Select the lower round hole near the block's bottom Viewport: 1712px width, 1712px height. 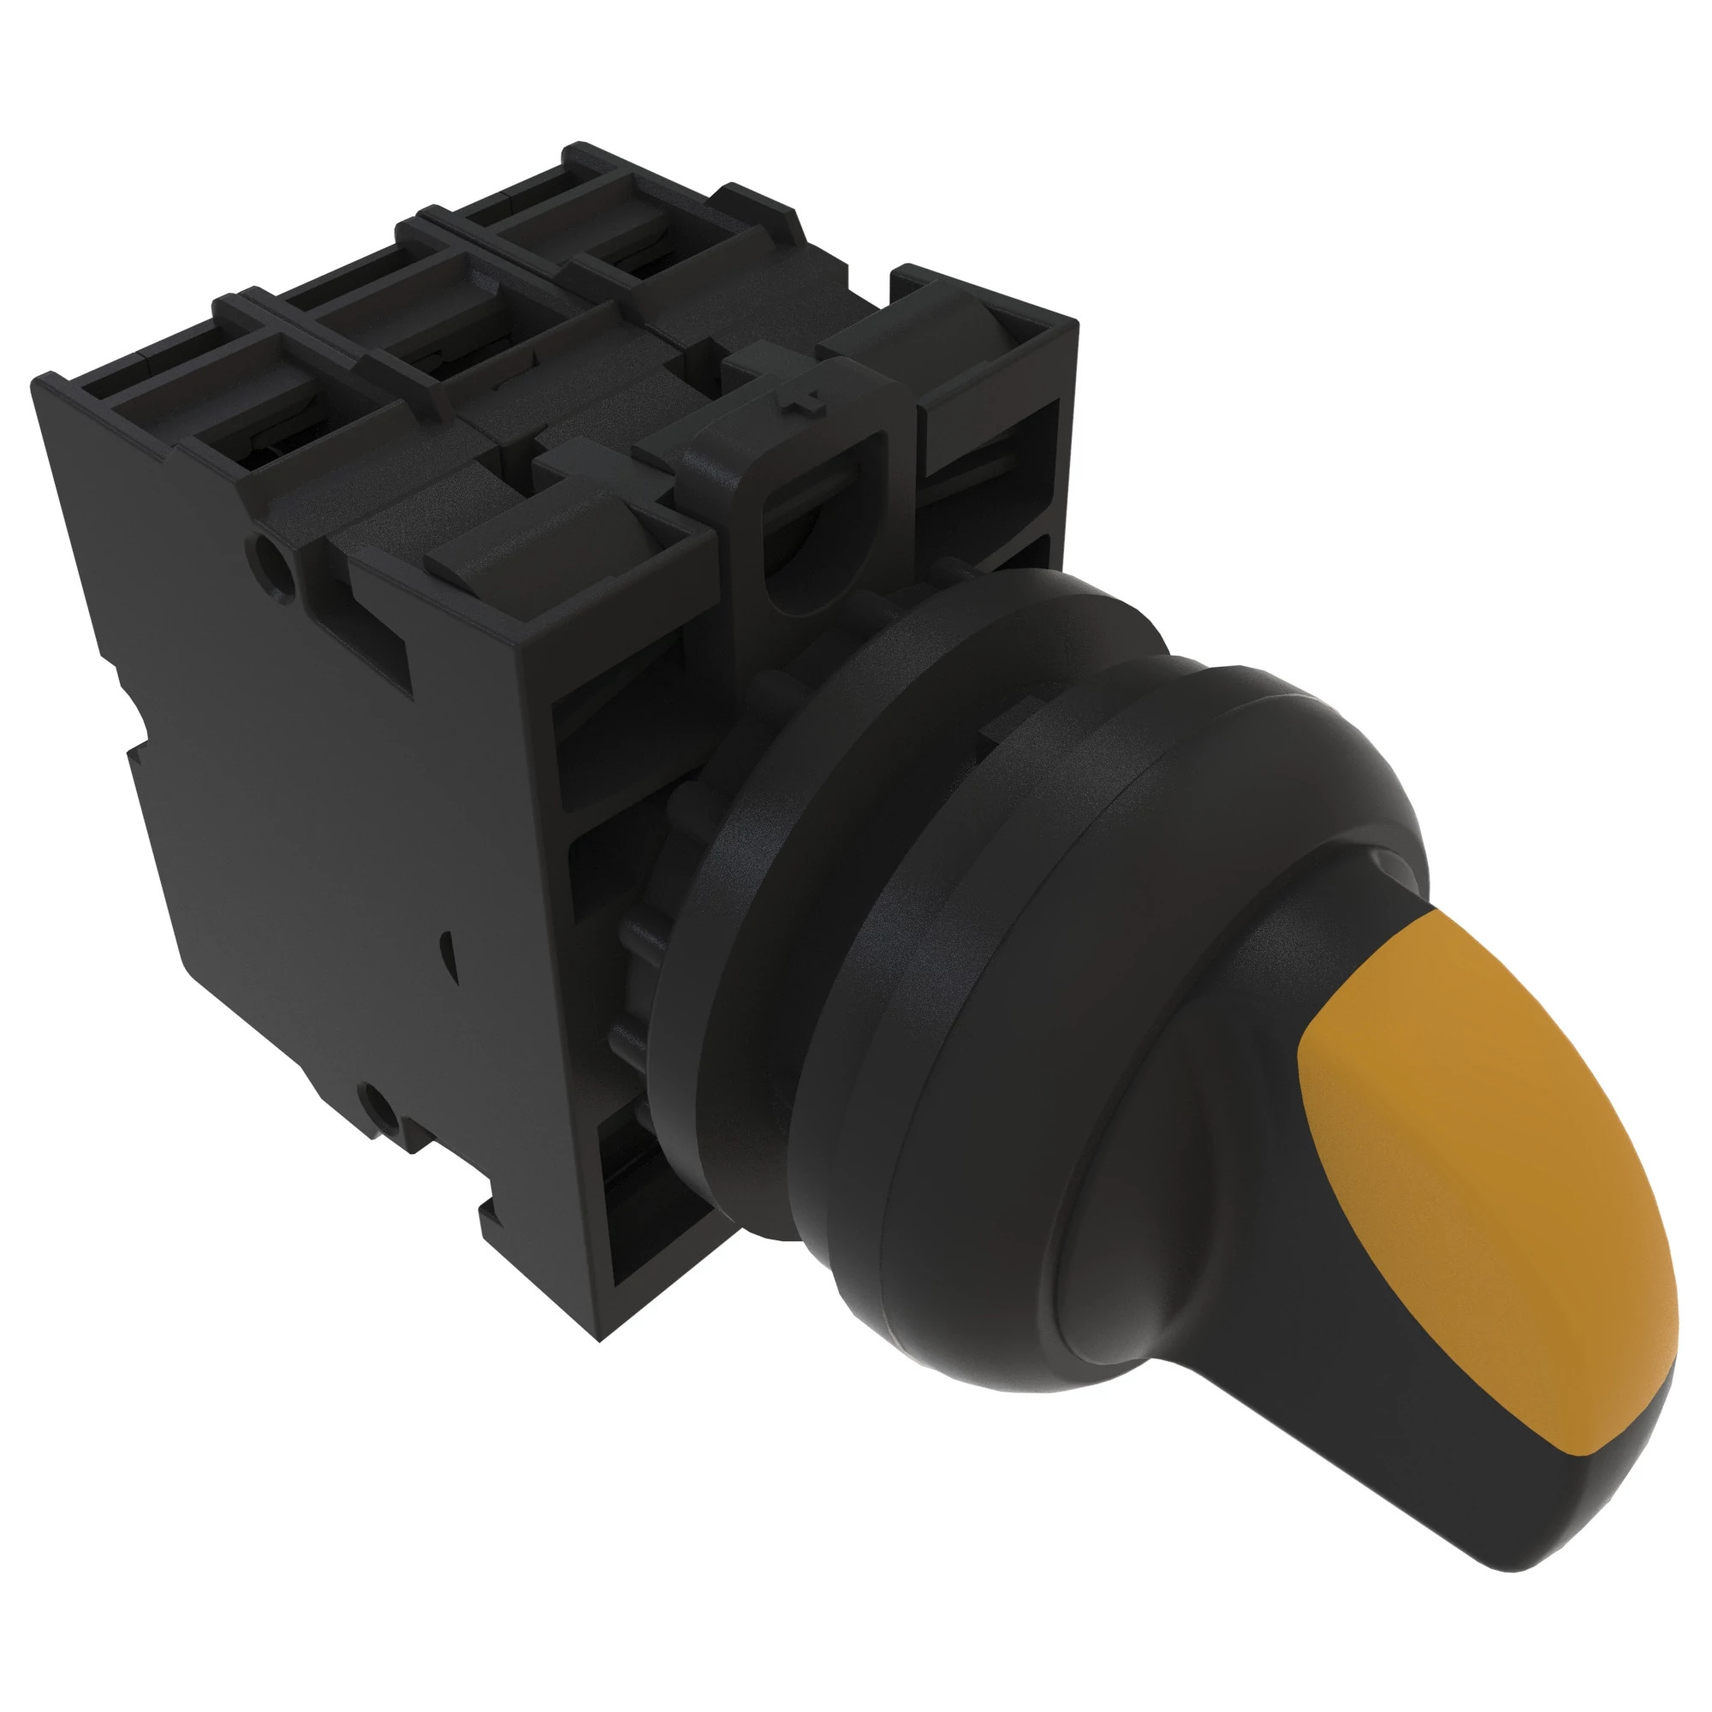click(378, 1105)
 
